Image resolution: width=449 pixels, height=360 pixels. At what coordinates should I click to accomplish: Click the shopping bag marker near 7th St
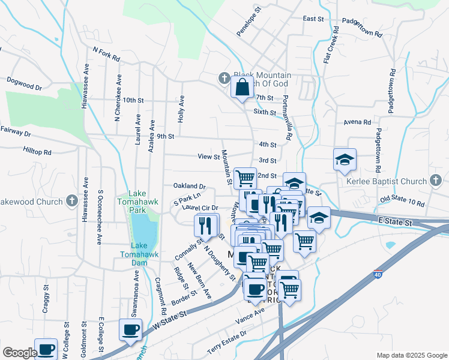(241, 88)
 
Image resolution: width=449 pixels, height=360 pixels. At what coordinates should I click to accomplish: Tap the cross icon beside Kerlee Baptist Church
(436, 181)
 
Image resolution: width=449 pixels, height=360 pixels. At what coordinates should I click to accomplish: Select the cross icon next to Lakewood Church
(72, 201)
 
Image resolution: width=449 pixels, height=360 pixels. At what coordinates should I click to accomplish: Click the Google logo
(20, 353)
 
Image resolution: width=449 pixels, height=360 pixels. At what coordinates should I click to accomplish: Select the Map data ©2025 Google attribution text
(411, 355)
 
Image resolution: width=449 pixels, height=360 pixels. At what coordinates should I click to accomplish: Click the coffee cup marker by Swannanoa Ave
(131, 329)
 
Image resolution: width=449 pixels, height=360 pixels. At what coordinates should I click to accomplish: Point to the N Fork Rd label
(106, 55)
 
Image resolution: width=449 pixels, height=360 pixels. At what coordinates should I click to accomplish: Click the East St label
(313, 19)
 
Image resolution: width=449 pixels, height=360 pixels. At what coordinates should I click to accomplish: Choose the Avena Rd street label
(357, 122)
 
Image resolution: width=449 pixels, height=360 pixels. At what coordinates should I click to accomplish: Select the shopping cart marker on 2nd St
(245, 178)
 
